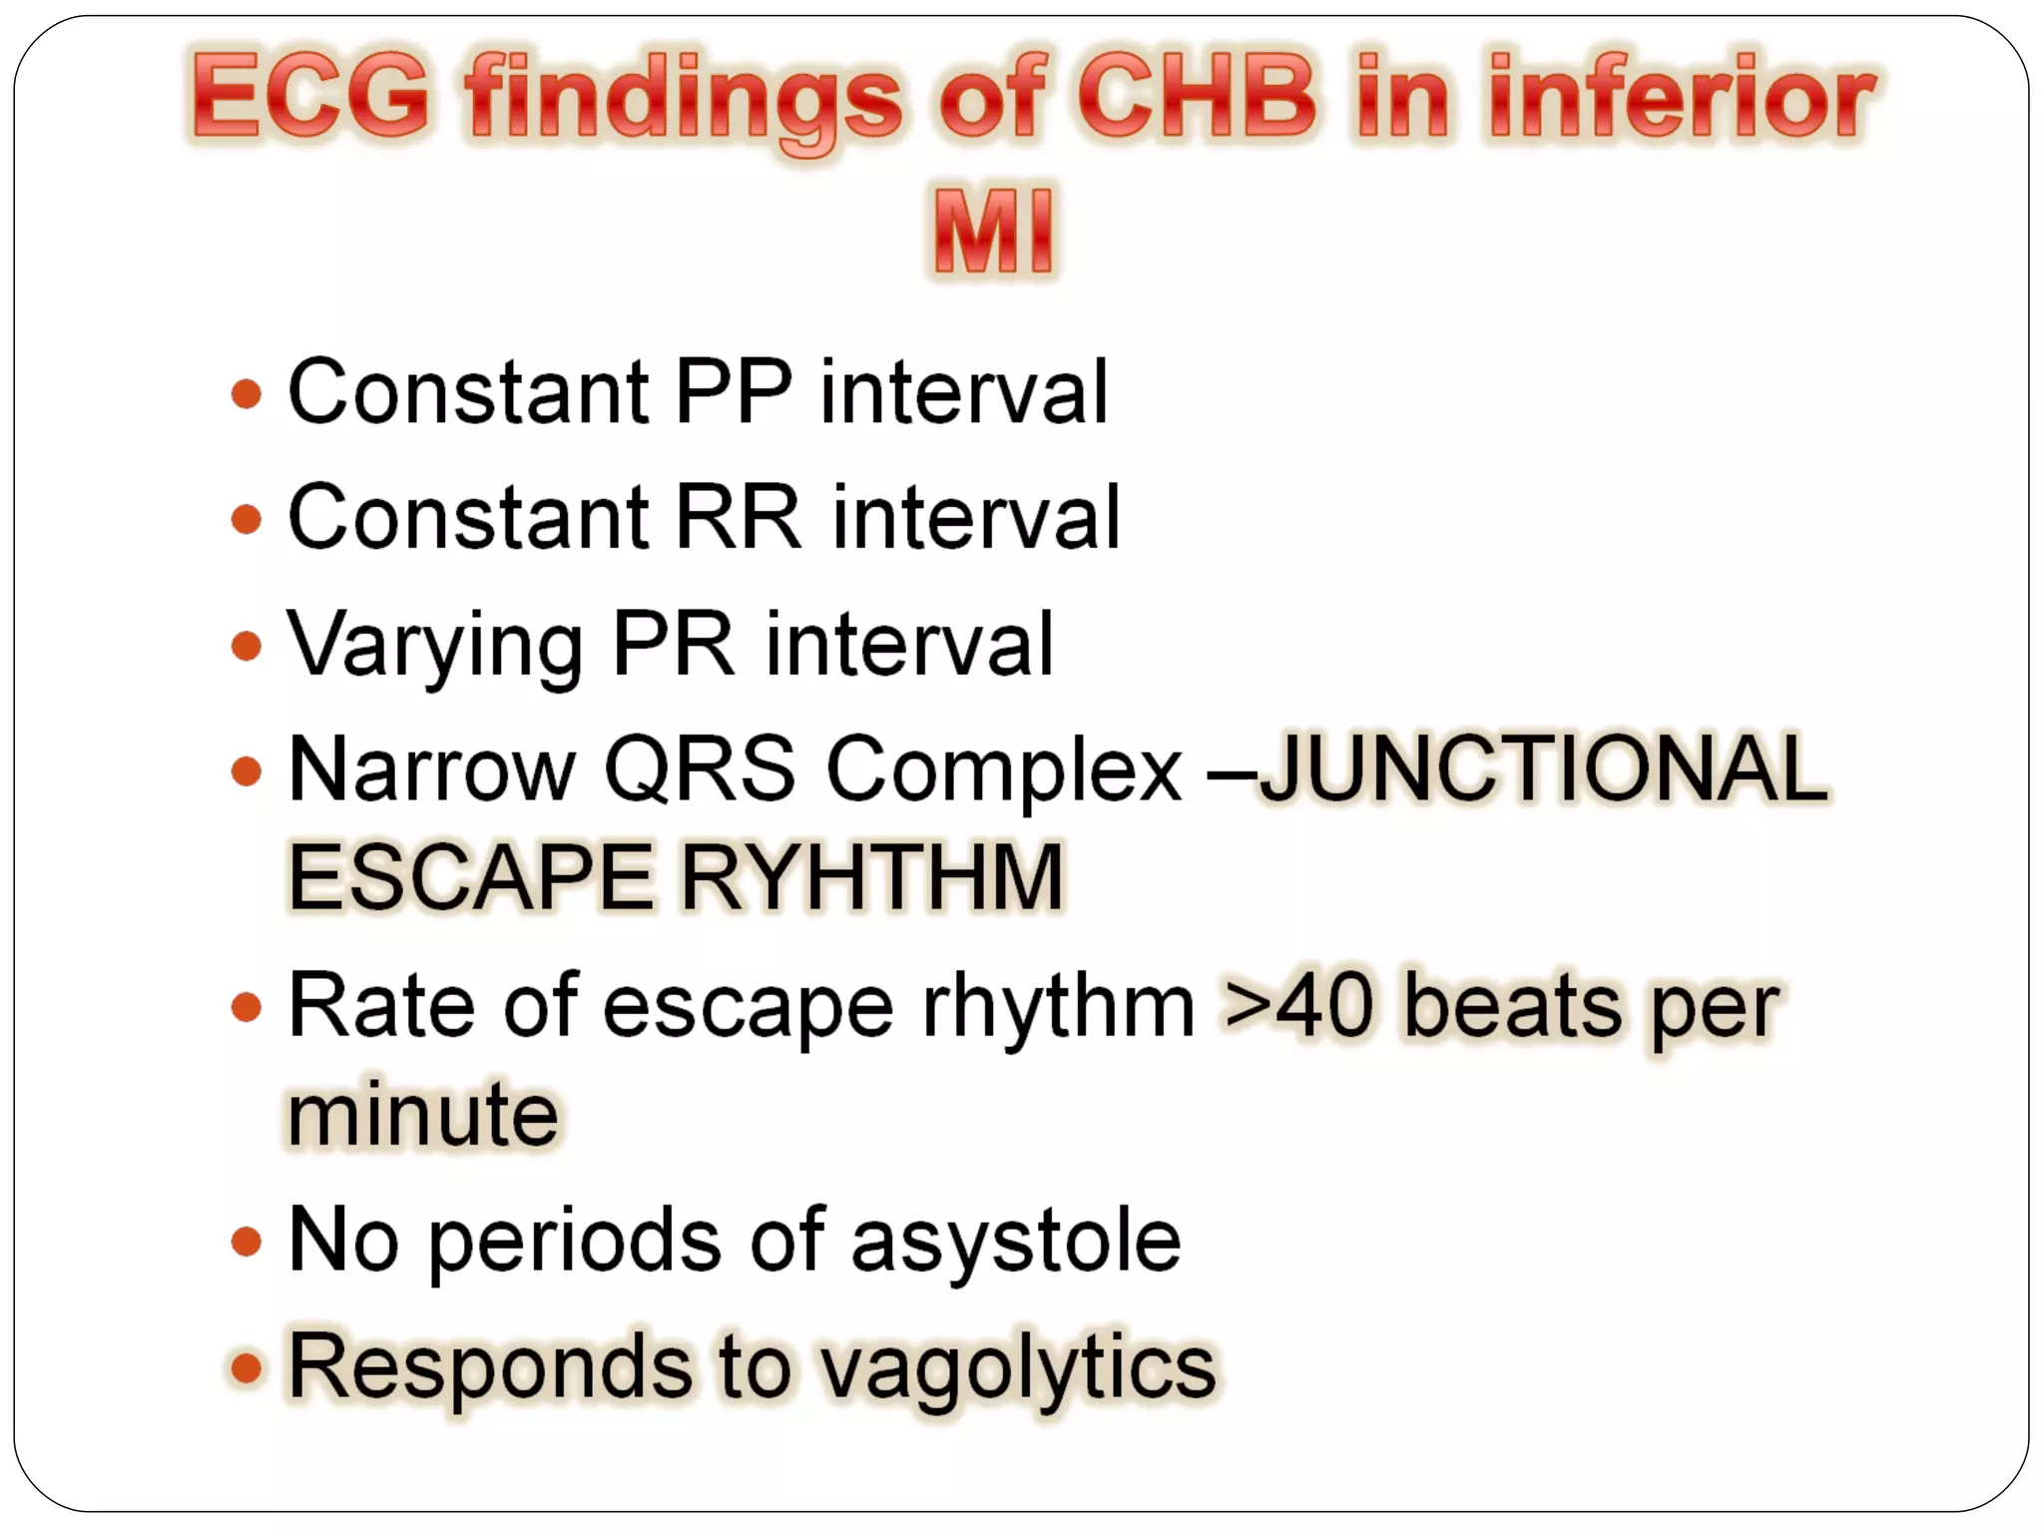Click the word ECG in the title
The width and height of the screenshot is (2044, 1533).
point(311,97)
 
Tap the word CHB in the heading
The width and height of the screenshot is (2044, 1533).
point(1197,97)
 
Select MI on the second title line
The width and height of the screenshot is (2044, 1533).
point(993,232)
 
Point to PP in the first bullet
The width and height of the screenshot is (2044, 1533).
point(734,391)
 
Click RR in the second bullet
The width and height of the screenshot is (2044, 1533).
point(739,517)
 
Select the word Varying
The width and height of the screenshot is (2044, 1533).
point(435,647)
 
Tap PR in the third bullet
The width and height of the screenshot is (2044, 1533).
point(673,645)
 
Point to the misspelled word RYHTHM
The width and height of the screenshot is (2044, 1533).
point(872,877)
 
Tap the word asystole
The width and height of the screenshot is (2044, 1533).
point(1016,1242)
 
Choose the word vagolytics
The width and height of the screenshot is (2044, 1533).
point(1018,1368)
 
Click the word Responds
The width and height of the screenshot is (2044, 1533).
point(489,1366)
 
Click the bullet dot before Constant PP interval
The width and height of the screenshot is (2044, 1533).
point(246,393)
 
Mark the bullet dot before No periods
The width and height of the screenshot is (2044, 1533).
point(246,1243)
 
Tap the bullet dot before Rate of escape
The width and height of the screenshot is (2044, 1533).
point(246,1006)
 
